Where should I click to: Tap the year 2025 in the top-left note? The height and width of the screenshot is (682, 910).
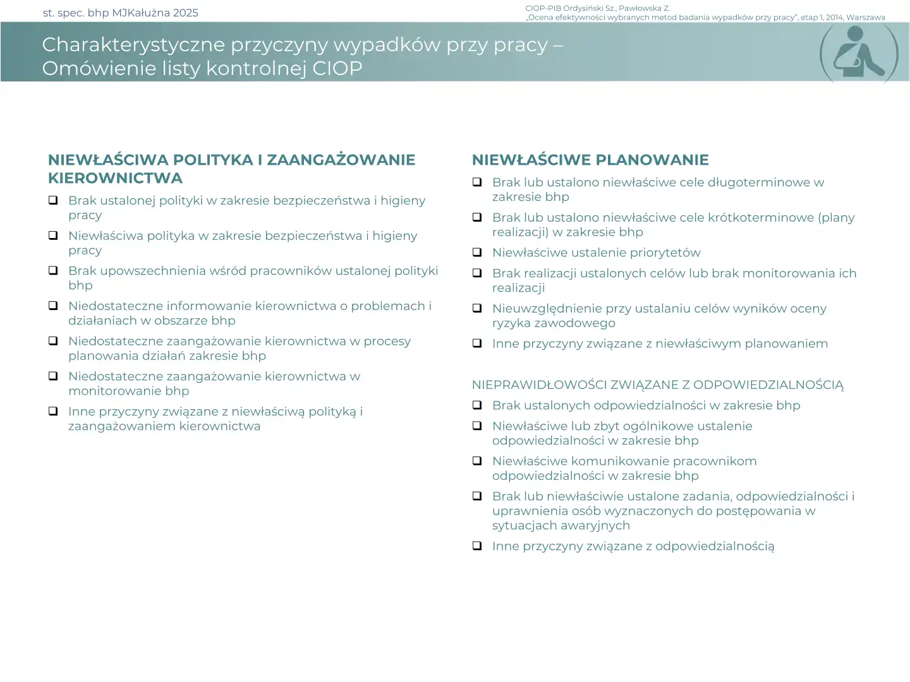(x=186, y=13)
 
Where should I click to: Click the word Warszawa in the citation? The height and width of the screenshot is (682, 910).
(x=866, y=18)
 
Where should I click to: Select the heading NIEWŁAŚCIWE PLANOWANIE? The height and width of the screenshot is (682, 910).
(x=590, y=160)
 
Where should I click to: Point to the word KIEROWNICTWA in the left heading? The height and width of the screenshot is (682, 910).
(x=115, y=178)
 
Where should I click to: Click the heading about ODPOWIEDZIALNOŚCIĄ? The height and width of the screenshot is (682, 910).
(x=657, y=385)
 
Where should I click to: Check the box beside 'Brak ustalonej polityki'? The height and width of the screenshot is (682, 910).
(x=54, y=200)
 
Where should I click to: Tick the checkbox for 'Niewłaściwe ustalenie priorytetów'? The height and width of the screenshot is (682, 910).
(x=477, y=253)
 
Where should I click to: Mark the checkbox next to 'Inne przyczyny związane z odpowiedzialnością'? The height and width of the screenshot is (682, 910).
(x=477, y=546)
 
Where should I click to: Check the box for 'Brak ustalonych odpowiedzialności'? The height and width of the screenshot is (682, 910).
(x=477, y=405)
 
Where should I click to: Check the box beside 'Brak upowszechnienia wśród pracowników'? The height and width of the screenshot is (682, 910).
(x=54, y=270)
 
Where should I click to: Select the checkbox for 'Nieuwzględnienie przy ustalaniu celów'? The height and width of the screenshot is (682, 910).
(x=477, y=308)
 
